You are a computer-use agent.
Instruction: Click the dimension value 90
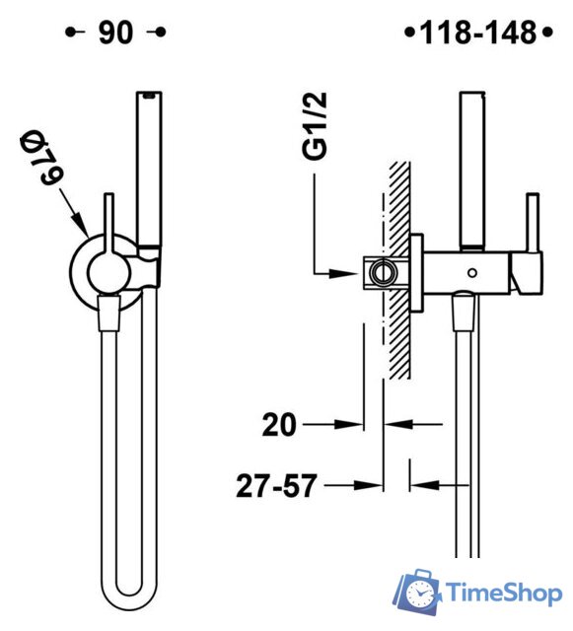(116, 34)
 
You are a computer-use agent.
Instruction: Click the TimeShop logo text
(503, 592)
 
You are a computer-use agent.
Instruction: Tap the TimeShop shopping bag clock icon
(418, 592)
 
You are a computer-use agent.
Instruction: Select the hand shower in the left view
(148, 168)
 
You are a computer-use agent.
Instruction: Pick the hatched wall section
(399, 266)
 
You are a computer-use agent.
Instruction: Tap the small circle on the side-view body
(475, 270)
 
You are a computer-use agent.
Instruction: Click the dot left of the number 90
(70, 34)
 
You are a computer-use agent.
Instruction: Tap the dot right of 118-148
(545, 34)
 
